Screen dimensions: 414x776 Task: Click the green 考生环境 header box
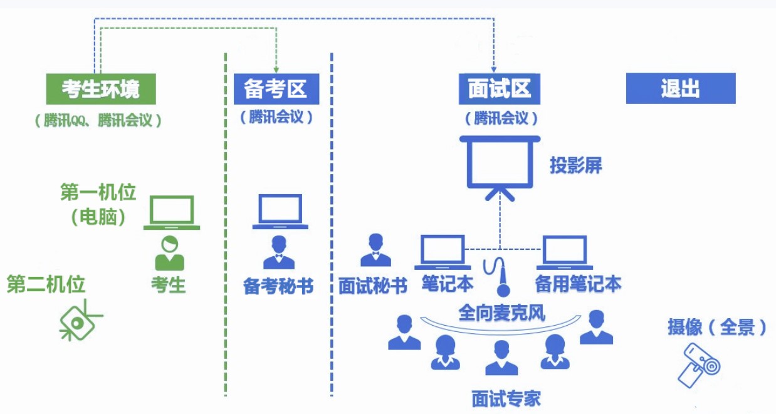tap(100, 89)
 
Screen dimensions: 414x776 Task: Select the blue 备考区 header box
tap(276, 89)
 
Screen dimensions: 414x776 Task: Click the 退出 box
tap(680, 89)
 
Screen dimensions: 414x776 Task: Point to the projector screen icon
tap(500, 166)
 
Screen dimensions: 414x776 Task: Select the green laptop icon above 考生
tap(172, 212)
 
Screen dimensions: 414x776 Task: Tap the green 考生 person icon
tap(169, 254)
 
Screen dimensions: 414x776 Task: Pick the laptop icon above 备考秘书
tap(280, 211)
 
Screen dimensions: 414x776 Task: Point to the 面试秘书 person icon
tap(375, 251)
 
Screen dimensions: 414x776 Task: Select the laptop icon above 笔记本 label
tap(443, 252)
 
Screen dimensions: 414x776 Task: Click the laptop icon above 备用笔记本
tap(565, 252)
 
